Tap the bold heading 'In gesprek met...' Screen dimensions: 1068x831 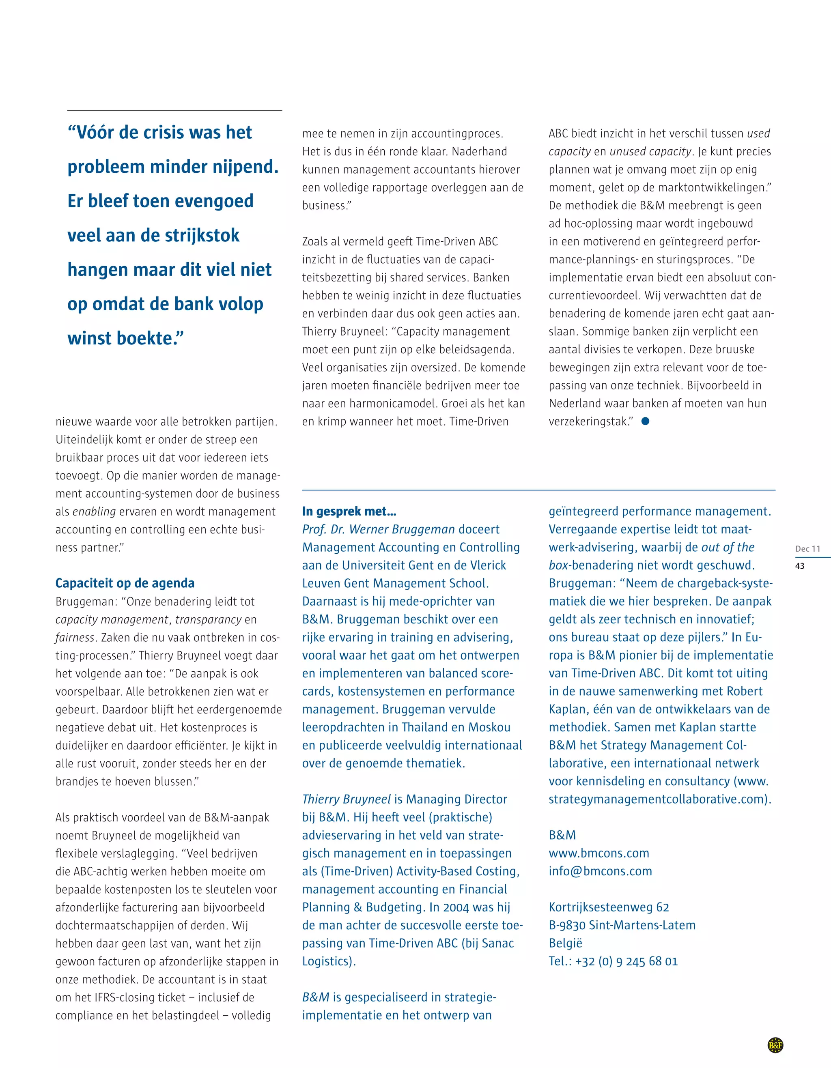click(349, 511)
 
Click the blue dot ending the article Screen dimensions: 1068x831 click(645, 421)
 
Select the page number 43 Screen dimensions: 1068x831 click(800, 566)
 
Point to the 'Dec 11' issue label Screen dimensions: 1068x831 click(807, 549)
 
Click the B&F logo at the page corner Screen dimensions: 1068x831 click(775, 1045)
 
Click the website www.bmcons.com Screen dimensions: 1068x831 click(598, 853)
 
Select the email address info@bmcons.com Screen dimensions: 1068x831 click(600, 871)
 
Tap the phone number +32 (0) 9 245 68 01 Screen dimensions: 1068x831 click(626, 961)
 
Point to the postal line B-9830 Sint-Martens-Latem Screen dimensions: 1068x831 click(622, 925)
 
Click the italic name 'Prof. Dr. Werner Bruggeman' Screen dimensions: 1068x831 click(379, 530)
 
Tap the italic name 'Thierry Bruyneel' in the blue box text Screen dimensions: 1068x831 click(346, 799)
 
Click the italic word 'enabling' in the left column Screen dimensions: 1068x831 click(94, 512)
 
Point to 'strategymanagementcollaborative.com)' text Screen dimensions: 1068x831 click(659, 799)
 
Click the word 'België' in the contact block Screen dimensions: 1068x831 click(565, 943)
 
